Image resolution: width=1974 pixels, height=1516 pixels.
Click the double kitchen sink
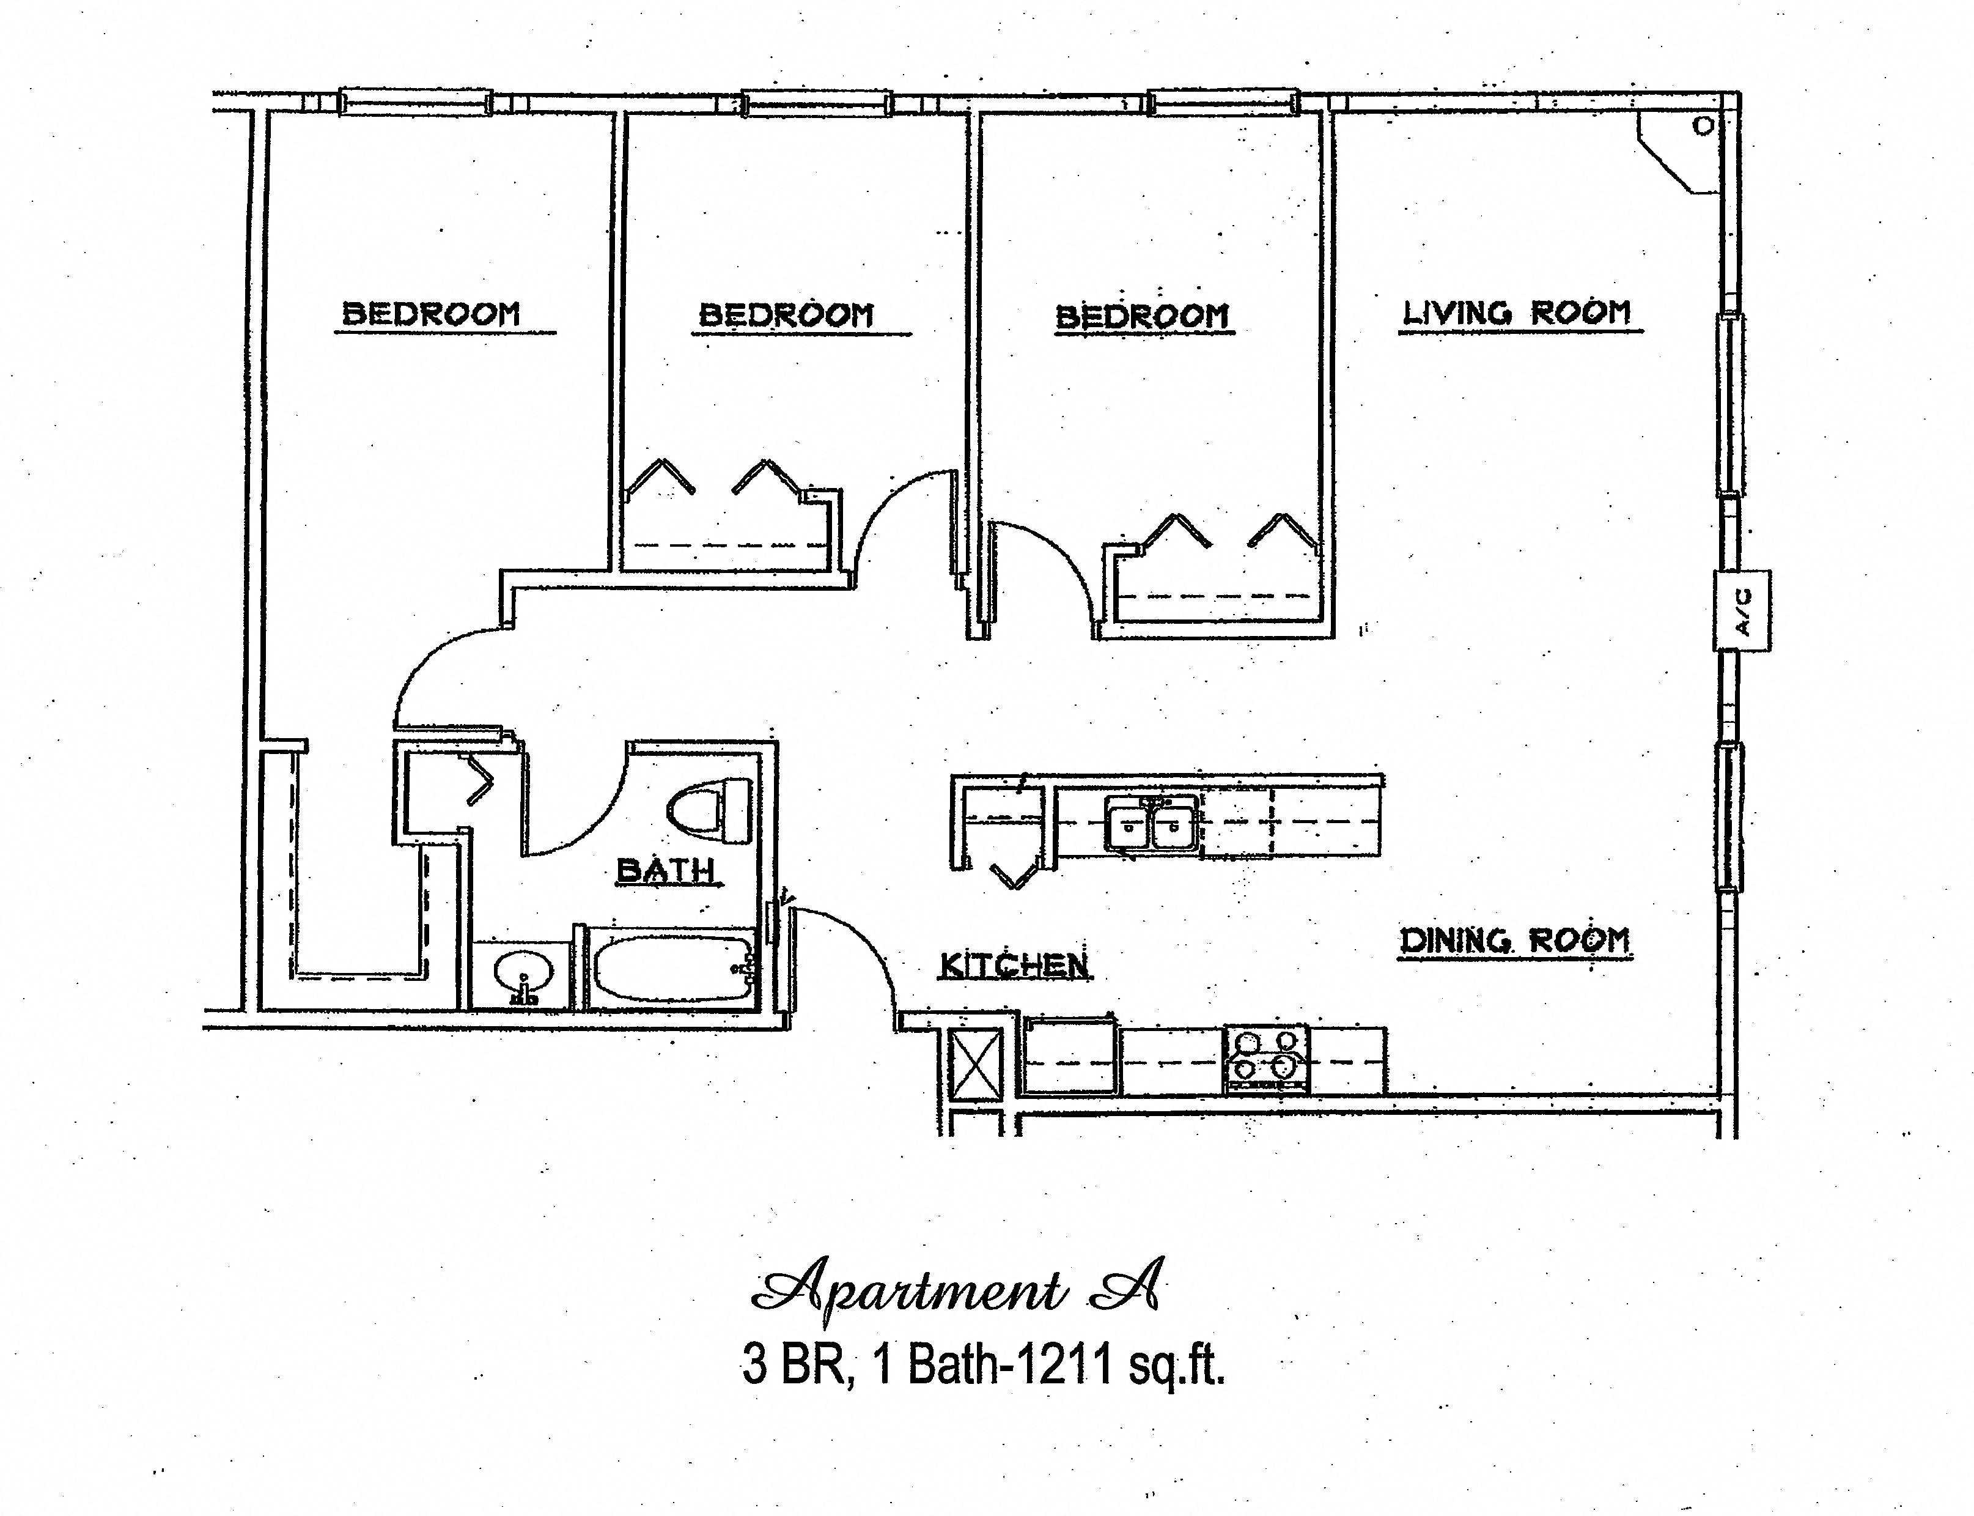point(1152,824)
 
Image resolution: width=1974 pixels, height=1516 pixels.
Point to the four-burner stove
point(1265,1059)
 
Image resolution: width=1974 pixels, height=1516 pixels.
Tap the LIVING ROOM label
point(1517,313)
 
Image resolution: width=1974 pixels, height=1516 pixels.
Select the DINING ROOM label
point(1515,941)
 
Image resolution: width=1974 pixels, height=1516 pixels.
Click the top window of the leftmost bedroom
point(415,102)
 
